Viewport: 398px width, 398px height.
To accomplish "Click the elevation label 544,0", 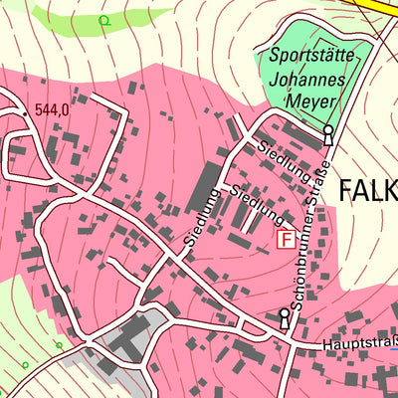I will pyautogui.click(x=51, y=110).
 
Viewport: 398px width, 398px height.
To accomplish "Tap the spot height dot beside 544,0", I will pyautogui.click(x=27, y=114).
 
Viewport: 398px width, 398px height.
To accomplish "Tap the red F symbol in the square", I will pyautogui.click(x=286, y=240).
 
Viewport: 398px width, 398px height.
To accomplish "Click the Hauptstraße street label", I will pyautogui.click(x=359, y=346).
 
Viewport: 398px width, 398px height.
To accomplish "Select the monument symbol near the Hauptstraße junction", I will pyautogui.click(x=285, y=318).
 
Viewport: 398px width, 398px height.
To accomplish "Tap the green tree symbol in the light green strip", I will pyautogui.click(x=103, y=20).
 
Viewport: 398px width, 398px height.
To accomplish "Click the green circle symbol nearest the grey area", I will pyautogui.click(x=59, y=345).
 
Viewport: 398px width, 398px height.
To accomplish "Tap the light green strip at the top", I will pyautogui.click(x=70, y=20).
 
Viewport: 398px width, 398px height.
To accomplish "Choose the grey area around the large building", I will pyautogui.click(x=149, y=323).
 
